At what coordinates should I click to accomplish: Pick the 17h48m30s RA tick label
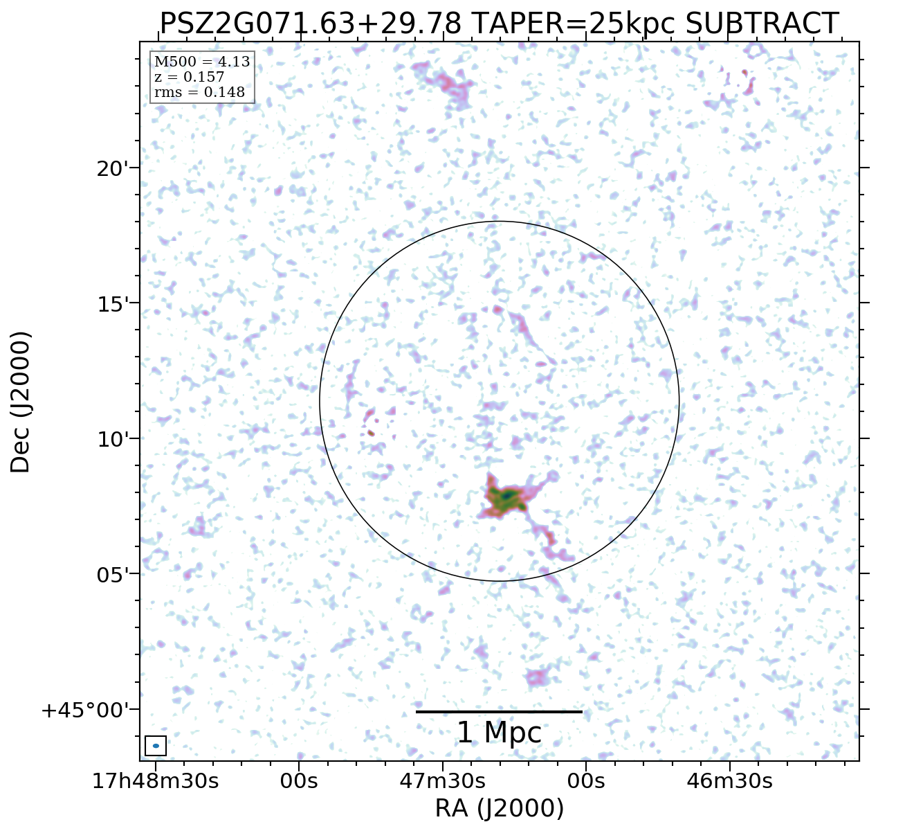click(x=155, y=781)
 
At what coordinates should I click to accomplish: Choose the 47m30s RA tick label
click(x=443, y=781)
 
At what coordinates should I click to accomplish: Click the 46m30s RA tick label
click(x=729, y=781)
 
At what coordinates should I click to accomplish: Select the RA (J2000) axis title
click(x=499, y=808)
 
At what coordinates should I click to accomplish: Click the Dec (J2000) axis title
click(x=21, y=402)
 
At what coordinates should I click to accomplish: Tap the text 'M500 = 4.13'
click(x=201, y=62)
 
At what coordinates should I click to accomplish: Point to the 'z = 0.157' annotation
click(x=189, y=78)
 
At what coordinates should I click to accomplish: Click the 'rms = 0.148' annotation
click(x=199, y=92)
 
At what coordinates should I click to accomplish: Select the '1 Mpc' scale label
click(x=499, y=733)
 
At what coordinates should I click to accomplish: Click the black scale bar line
click(x=499, y=711)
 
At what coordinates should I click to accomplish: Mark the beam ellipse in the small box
click(x=156, y=746)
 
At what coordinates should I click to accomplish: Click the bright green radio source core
click(x=507, y=497)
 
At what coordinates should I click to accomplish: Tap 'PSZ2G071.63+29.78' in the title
click(x=311, y=24)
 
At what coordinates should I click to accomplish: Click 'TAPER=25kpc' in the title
click(x=574, y=24)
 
